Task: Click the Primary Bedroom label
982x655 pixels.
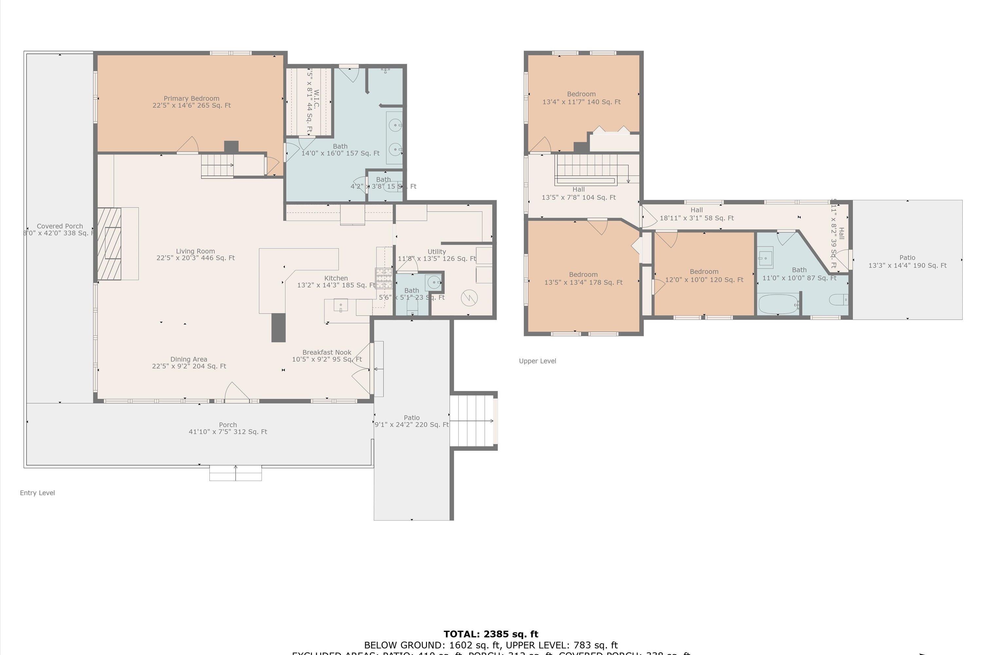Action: [x=191, y=102]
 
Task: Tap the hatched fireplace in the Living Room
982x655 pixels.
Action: [x=109, y=244]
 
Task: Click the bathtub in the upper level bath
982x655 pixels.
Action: [x=778, y=305]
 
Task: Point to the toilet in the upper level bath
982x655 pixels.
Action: [x=838, y=300]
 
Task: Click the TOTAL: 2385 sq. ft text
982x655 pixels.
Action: [x=491, y=634]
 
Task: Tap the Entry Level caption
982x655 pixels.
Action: [x=37, y=493]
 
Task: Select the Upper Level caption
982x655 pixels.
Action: [x=537, y=361]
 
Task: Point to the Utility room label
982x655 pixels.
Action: [x=437, y=255]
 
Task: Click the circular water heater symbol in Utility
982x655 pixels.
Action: [x=469, y=298]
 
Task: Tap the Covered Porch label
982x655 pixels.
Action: [x=60, y=229]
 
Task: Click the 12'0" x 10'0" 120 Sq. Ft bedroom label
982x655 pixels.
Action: [x=704, y=276]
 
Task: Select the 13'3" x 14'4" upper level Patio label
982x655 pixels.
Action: [x=907, y=261]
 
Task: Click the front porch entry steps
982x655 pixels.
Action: [x=235, y=473]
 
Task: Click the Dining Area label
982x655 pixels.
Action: [x=189, y=363]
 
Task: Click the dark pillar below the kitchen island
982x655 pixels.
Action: [x=279, y=327]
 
